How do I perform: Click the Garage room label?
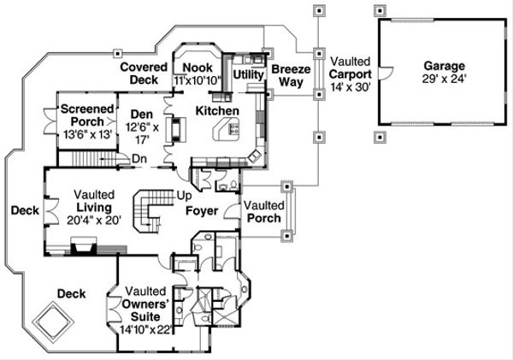click(444, 66)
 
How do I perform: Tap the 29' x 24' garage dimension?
click(444, 79)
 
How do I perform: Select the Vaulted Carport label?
click(351, 68)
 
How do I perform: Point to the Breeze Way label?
click(291, 75)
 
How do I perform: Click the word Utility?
click(248, 74)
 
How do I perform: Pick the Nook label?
click(198, 68)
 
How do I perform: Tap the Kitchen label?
click(217, 110)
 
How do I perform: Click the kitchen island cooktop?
click(234, 128)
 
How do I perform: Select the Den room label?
click(142, 115)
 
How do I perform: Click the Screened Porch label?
click(87, 115)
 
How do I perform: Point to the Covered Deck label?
click(144, 74)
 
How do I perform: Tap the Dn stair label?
click(139, 159)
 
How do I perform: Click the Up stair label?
click(184, 195)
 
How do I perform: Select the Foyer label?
click(202, 210)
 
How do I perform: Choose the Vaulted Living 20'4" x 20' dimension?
click(94, 220)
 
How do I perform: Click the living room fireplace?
click(84, 245)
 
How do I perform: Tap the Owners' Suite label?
click(145, 310)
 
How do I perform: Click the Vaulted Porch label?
click(264, 212)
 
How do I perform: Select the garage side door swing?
click(386, 73)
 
